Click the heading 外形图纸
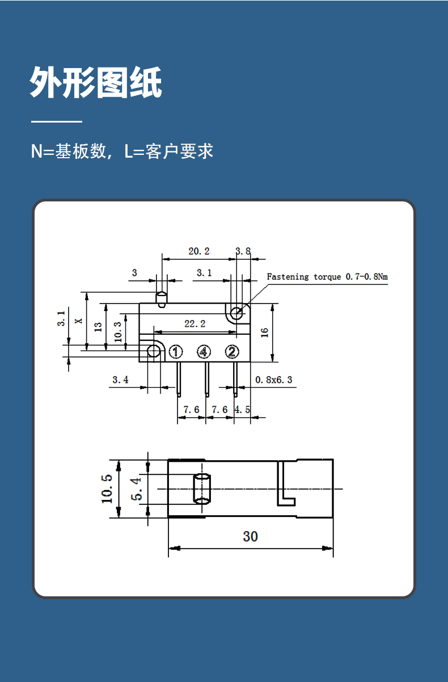tap(96, 82)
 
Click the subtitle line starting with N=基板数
tap(122, 151)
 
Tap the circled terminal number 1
tap(176, 352)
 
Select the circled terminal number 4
tap(204, 352)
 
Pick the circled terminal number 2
tap(232, 352)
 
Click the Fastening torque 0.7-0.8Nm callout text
tap(327, 277)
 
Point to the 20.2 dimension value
tap(199, 251)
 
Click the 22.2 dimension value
tap(195, 323)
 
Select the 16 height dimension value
tap(264, 332)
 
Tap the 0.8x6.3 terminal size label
tap(273, 380)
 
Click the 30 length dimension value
tap(250, 536)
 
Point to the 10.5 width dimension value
tap(107, 489)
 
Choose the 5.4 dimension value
tap(136, 489)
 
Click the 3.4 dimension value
tap(120, 380)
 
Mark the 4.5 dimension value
tap(242, 410)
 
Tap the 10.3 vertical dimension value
tap(118, 332)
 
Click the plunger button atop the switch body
tap(162, 300)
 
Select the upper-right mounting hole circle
tap(236, 313)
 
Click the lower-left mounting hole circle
tap(153, 351)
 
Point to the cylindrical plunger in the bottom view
tap(202, 489)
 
